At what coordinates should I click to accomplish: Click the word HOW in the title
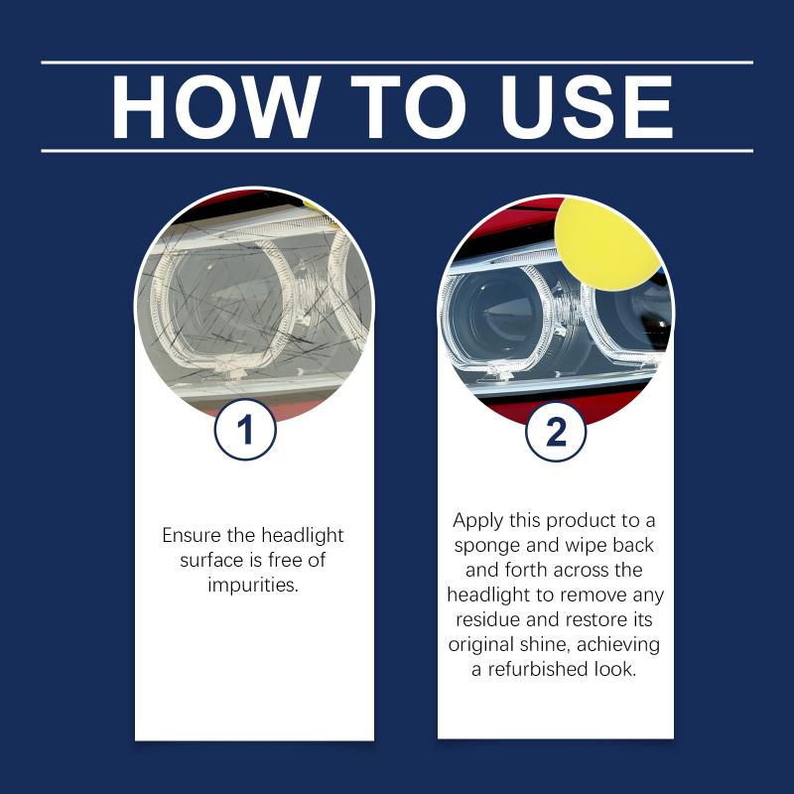click(x=215, y=107)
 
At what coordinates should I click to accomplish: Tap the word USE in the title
click(x=587, y=107)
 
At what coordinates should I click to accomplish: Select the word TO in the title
click(x=408, y=107)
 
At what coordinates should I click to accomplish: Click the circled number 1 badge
click(x=245, y=430)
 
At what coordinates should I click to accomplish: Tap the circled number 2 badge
click(x=556, y=432)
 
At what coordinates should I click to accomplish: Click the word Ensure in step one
click(x=192, y=535)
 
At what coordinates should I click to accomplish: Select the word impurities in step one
click(x=253, y=585)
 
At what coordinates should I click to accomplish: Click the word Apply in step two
click(x=478, y=521)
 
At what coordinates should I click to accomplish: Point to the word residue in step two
click(x=488, y=619)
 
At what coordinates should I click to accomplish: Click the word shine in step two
click(x=545, y=644)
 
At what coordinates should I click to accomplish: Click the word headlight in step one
click(x=303, y=536)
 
